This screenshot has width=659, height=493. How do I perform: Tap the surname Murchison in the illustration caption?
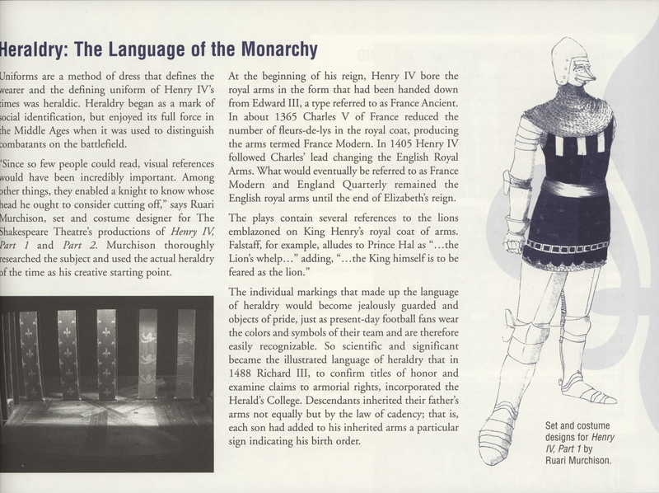582,461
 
